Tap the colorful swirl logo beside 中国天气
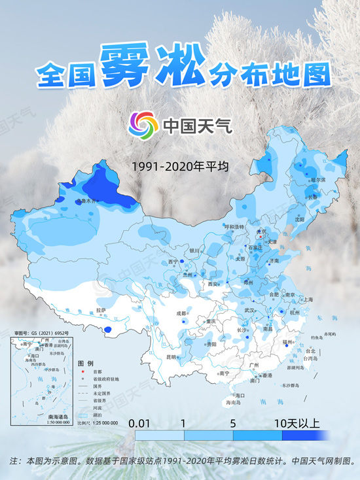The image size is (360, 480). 142,124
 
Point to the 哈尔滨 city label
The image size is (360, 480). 317,179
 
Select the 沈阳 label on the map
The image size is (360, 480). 300,220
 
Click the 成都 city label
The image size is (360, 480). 181,314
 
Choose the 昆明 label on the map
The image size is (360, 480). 171,357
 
